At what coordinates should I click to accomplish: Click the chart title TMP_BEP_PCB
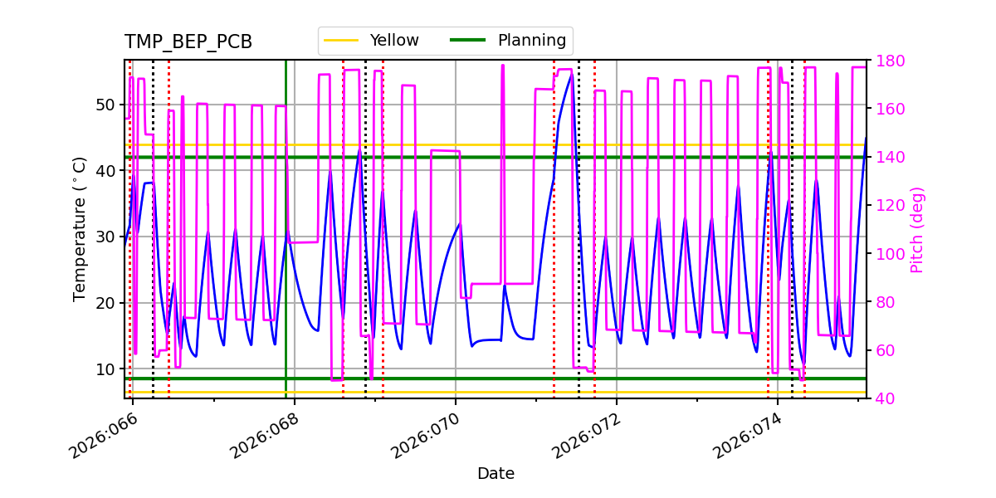click(x=188, y=42)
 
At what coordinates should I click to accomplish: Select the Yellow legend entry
click(x=393, y=40)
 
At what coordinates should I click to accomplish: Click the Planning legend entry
click(x=531, y=40)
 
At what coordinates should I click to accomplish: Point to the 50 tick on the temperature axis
click(x=105, y=105)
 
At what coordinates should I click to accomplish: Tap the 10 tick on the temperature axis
click(x=105, y=369)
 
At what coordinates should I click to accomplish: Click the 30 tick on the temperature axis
click(x=105, y=237)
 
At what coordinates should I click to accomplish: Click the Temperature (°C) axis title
click(x=80, y=228)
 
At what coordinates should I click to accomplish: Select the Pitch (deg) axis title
click(x=917, y=229)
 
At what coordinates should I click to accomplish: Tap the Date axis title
click(x=496, y=474)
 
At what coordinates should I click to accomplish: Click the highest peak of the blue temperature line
click(x=571, y=75)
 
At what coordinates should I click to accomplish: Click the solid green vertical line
click(x=286, y=249)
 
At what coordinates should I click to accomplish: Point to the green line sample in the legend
click(x=467, y=40)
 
